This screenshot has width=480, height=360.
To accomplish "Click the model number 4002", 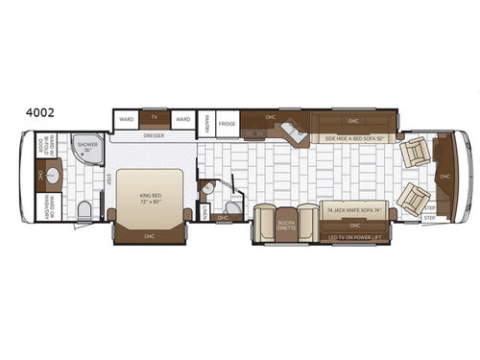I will click(x=41, y=112).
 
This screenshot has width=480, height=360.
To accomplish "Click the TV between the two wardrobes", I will click(x=154, y=118).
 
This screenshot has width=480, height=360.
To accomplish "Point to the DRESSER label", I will click(x=155, y=136).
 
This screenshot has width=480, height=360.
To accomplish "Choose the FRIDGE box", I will click(x=227, y=124).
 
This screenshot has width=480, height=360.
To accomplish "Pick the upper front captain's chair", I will click(x=417, y=152).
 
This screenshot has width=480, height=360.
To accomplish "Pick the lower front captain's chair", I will click(x=415, y=199).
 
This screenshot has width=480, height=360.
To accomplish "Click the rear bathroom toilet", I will click(x=84, y=210).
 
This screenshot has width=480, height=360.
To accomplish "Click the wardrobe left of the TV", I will click(x=126, y=119).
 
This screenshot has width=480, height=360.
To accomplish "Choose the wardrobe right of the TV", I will click(x=182, y=119).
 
